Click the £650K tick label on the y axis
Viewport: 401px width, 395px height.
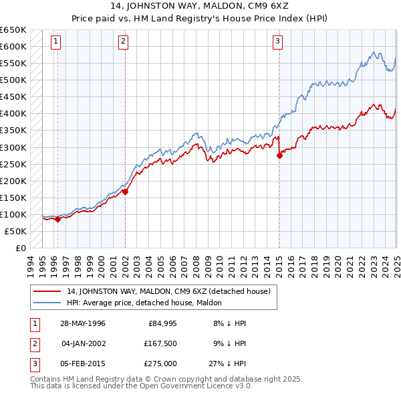[x=13, y=30]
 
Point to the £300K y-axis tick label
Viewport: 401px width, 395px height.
[x=13, y=147]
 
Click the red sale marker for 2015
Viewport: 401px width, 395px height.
[x=279, y=155]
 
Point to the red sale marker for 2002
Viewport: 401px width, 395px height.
[x=125, y=191]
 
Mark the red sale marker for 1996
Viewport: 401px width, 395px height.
[x=57, y=219]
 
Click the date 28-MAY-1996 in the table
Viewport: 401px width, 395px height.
[x=83, y=323]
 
